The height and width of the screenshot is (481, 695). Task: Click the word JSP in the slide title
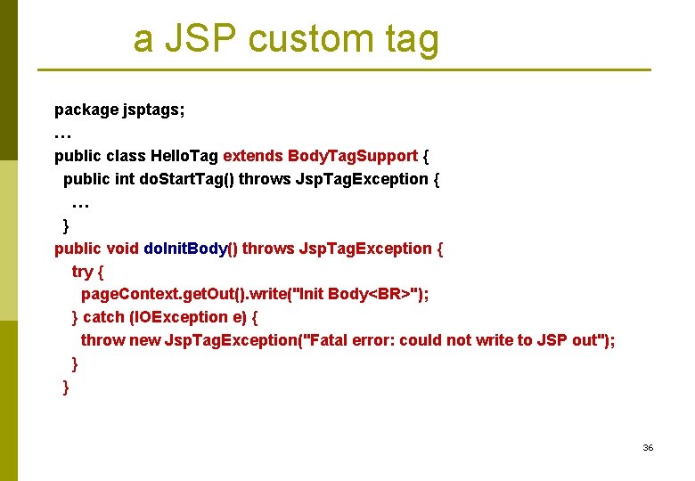(x=210, y=39)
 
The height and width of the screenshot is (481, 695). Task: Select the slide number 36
(x=648, y=447)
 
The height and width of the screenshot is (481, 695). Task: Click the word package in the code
(x=86, y=110)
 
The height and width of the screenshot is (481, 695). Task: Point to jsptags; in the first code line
(x=154, y=110)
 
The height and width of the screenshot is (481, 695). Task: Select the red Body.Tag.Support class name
(x=353, y=156)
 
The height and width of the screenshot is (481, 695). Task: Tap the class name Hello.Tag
(x=184, y=156)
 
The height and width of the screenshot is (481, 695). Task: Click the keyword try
(x=83, y=272)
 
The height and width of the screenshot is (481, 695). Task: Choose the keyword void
(x=122, y=249)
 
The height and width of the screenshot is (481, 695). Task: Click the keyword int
(x=126, y=179)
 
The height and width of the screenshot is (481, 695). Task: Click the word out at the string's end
(x=583, y=340)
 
